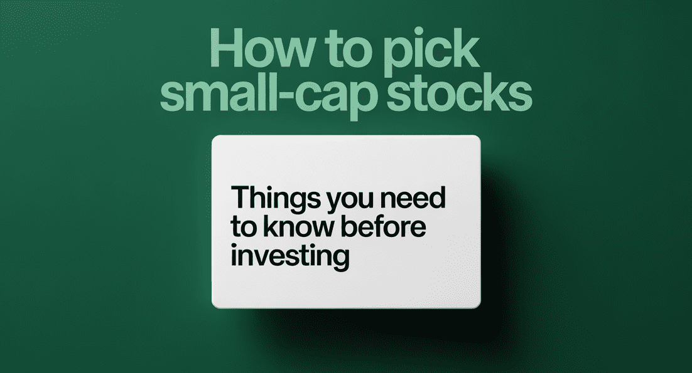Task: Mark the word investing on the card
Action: (x=290, y=256)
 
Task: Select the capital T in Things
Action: (x=241, y=197)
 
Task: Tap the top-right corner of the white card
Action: (x=480, y=135)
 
